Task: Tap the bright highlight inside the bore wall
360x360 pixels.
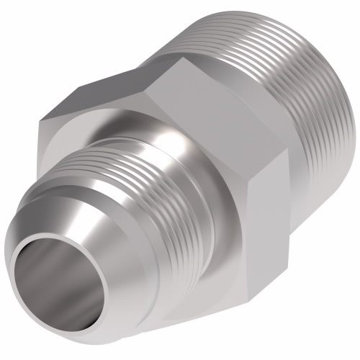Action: tap(58, 274)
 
